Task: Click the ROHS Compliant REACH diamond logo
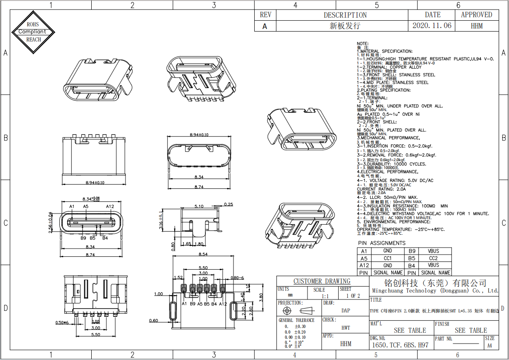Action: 34,32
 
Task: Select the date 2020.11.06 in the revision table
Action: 432,25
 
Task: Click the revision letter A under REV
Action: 265,26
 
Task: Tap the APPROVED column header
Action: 476,15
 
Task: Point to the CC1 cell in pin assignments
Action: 387,258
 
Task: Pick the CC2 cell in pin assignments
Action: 433,258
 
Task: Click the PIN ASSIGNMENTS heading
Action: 382,243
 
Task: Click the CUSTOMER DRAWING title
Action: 322,281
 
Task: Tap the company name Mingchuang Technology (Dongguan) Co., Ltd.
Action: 435,291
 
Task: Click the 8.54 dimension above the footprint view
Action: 203,254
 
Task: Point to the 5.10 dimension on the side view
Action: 199,206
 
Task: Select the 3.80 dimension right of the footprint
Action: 261,297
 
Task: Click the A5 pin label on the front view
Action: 86,207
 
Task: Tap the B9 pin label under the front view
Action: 83,238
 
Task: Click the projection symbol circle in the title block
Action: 286,311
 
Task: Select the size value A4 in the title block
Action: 490,345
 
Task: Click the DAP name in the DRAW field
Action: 346,310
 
